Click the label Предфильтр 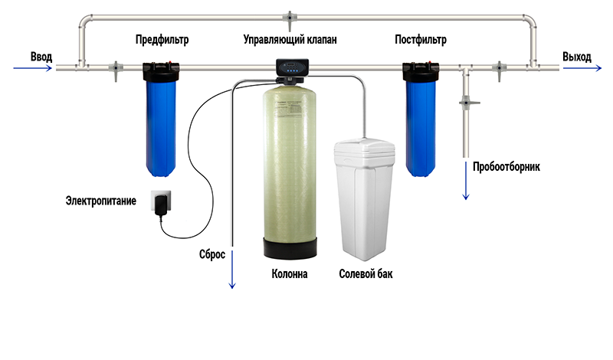tap(162, 40)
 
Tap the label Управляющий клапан tap(290, 40)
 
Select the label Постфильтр tap(421, 40)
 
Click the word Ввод tap(41, 57)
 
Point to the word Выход tap(577, 57)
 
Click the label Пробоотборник tap(506, 167)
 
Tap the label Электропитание tap(101, 201)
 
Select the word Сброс tap(212, 254)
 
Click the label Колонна tap(290, 274)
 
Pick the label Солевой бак tap(366, 274)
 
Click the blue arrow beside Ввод tap(32, 68)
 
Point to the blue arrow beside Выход tap(582, 68)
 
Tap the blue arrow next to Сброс tap(232, 270)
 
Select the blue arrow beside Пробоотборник tap(466, 181)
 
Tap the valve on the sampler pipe tap(468, 103)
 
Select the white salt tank tap(365, 199)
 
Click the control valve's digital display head tap(293, 67)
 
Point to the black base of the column tap(290, 248)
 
